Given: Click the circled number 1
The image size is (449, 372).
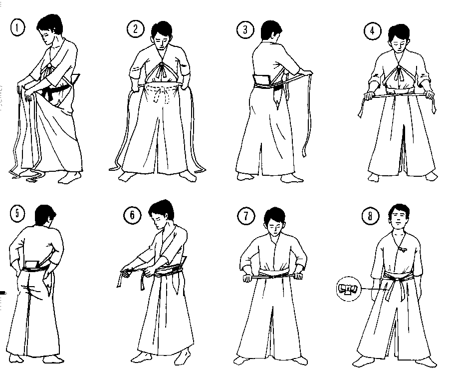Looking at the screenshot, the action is tap(18, 28).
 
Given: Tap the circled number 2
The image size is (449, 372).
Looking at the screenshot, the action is tap(135, 29).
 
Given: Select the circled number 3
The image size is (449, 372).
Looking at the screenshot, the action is tap(245, 30).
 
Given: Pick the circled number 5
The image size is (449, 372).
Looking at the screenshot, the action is tap(17, 214).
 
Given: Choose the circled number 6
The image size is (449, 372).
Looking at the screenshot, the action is tap(132, 215).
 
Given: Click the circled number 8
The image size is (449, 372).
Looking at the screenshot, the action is tap(370, 216).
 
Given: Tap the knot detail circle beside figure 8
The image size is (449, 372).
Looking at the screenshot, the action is tap(348, 289).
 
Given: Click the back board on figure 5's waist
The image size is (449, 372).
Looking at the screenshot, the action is tap(32, 264).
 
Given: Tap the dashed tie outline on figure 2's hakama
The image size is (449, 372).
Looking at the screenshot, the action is tap(160, 94).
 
